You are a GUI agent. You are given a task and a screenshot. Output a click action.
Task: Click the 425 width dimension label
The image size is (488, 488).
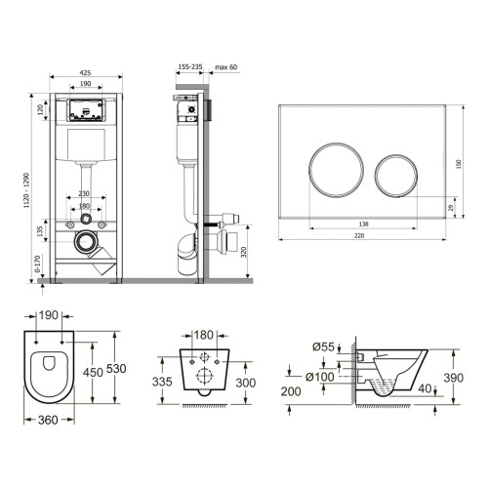click(x=85, y=72)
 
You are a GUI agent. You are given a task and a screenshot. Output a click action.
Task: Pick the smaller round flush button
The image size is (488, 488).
click(x=396, y=176)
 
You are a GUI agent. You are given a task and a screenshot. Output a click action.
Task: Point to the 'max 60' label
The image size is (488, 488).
click(x=226, y=67)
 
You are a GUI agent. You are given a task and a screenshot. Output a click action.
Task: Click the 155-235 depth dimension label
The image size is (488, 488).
click(x=190, y=66)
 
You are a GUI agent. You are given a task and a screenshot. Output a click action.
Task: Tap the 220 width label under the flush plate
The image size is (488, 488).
click(x=359, y=235)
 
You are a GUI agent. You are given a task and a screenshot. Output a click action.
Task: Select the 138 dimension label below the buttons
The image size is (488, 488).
click(x=363, y=224)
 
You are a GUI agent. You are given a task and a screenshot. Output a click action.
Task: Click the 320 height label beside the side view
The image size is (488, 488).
click(x=243, y=252)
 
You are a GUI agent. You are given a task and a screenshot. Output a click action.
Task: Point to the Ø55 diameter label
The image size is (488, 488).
click(x=323, y=346)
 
